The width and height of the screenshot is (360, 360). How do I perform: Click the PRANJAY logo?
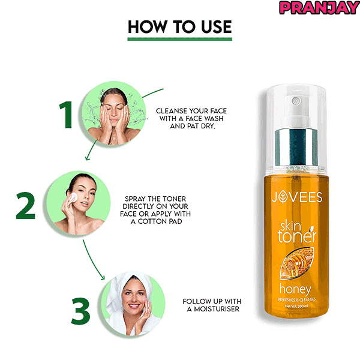coord(319,8)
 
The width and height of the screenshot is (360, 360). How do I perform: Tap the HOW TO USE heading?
coord(180,26)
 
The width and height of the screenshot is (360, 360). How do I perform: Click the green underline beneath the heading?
coord(180,39)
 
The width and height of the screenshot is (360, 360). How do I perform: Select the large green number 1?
coord(66,115)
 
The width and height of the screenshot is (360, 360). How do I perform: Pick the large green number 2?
coord(26,205)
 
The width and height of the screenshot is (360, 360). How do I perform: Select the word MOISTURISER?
coord(217,309)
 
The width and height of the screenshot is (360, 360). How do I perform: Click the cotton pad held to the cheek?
coord(73,197)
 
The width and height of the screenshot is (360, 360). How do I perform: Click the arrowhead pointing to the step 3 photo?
coord(103,278)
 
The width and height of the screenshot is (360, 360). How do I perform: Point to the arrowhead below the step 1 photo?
coord(87,158)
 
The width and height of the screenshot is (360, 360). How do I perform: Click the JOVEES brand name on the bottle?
coord(297,197)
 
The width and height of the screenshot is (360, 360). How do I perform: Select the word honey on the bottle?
coord(295,290)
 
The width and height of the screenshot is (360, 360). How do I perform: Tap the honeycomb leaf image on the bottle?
coord(297,263)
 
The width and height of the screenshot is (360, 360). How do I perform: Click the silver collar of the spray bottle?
coord(296,147)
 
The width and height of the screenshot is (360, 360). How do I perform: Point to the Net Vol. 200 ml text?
coord(296,306)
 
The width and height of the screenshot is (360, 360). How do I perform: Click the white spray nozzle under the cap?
coord(296,113)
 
